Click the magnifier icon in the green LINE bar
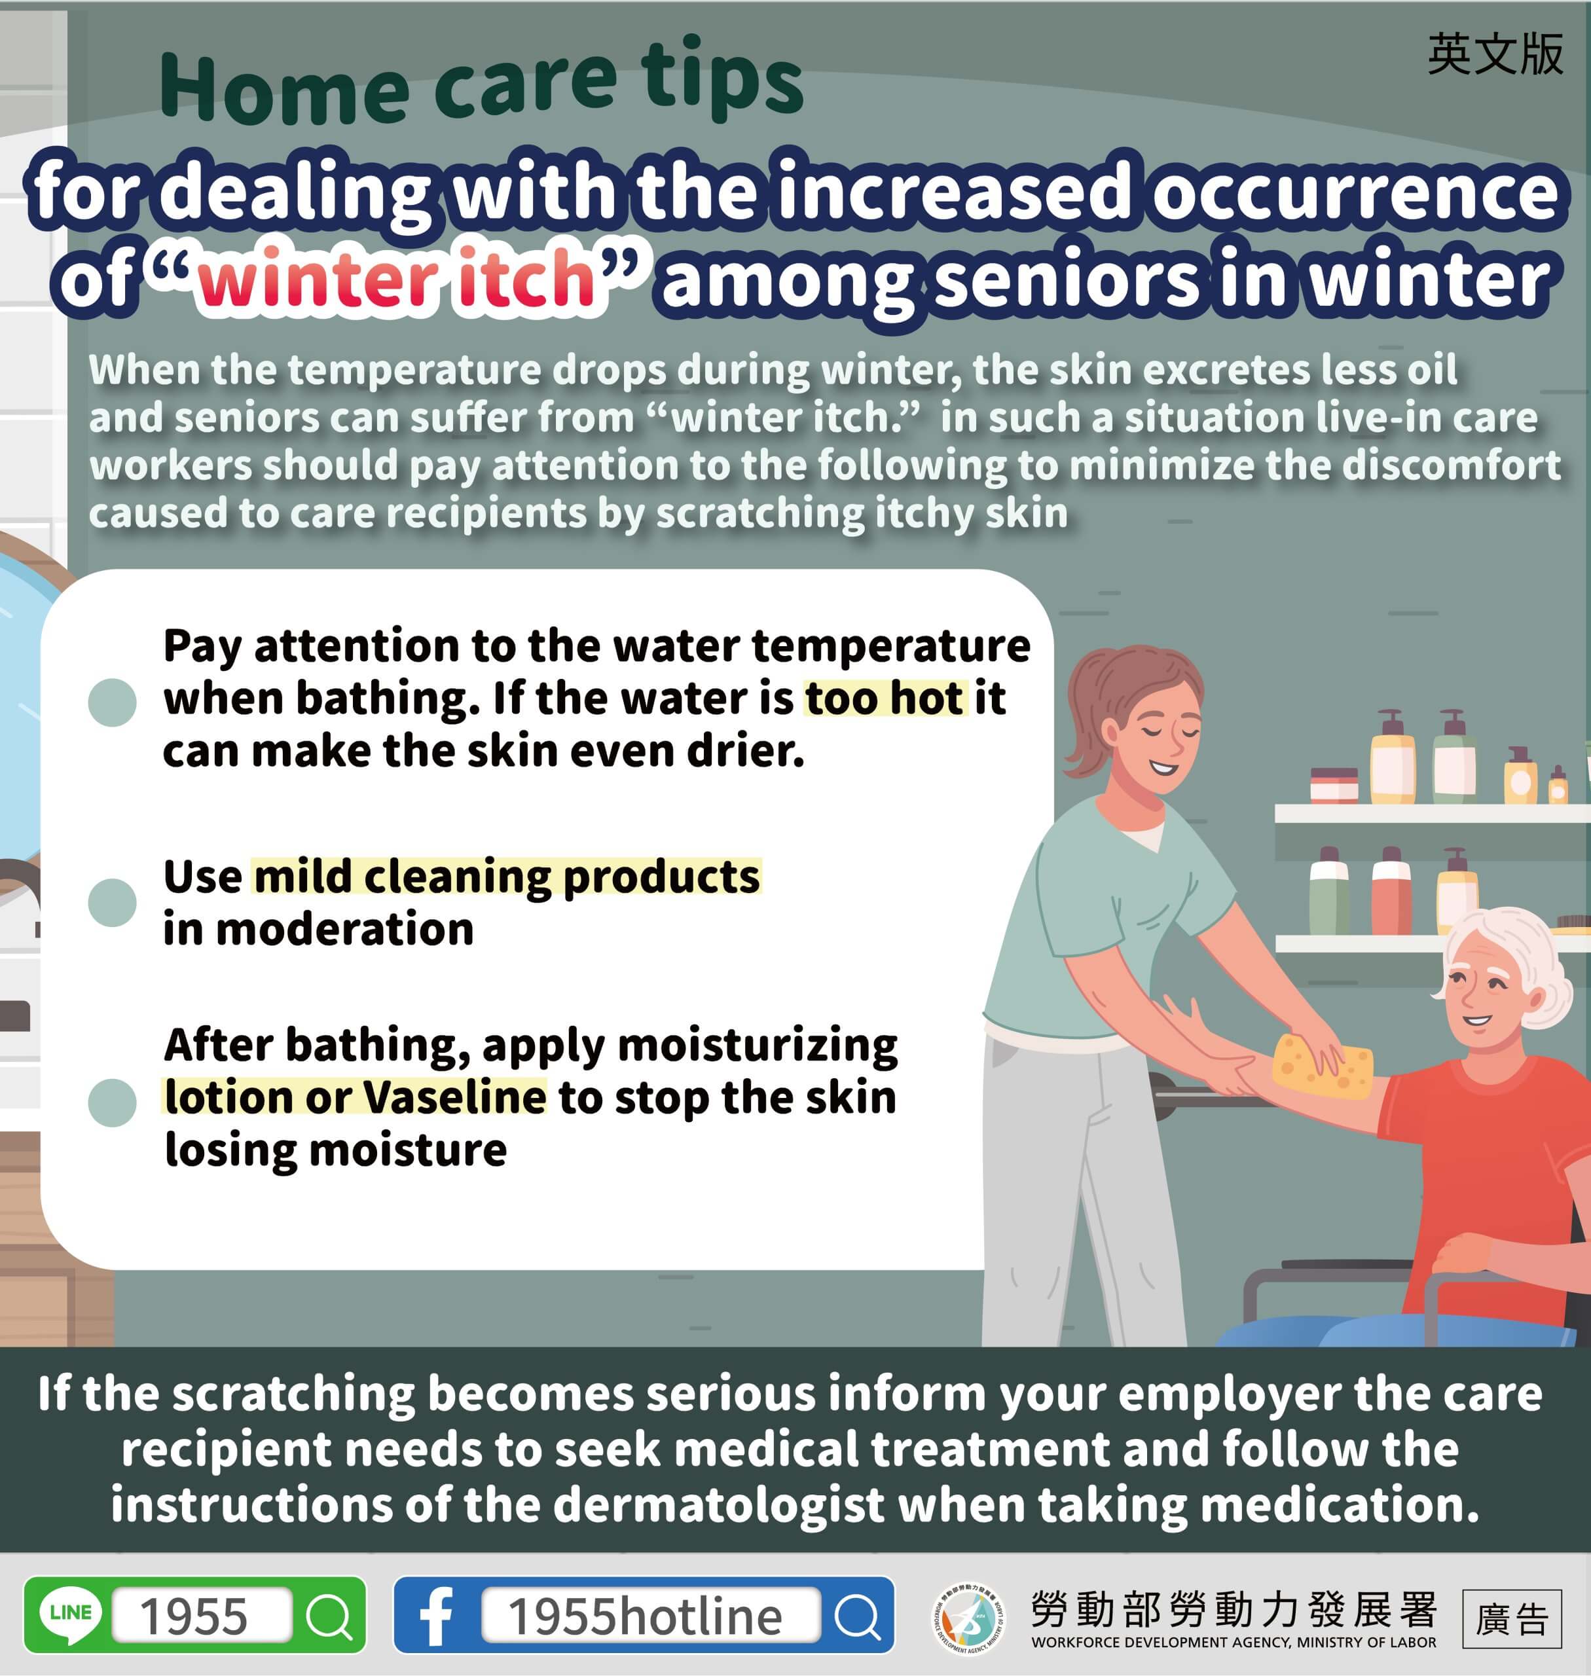coord(327,1616)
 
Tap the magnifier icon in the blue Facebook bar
coord(858,1616)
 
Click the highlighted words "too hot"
coord(885,698)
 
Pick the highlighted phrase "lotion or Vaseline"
coord(356,1097)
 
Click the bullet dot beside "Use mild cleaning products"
coord(112,902)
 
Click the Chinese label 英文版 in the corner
coord(1495,54)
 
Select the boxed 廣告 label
coord(1511,1618)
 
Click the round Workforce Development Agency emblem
coord(968,1618)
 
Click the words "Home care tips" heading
coord(480,81)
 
